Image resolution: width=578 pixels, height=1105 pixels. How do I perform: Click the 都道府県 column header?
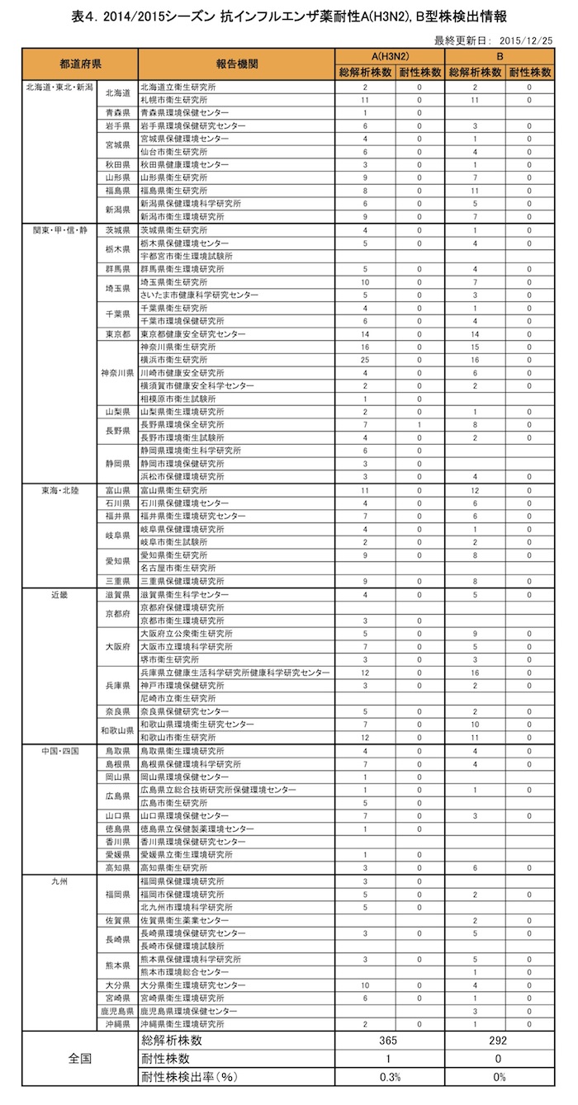coord(80,64)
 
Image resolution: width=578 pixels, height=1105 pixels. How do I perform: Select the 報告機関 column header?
coord(237,64)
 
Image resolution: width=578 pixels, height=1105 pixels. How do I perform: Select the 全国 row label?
coord(80,1059)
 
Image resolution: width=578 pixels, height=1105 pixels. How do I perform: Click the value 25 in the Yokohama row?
coord(364,360)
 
